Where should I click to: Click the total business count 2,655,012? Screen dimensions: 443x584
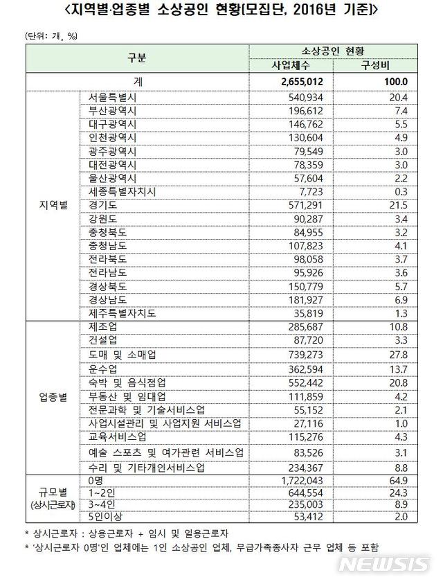click(x=302, y=82)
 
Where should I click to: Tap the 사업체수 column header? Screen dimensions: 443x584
click(x=292, y=65)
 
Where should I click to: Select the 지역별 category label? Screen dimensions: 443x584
click(x=53, y=205)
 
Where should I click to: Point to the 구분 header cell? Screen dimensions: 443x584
click(x=136, y=58)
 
